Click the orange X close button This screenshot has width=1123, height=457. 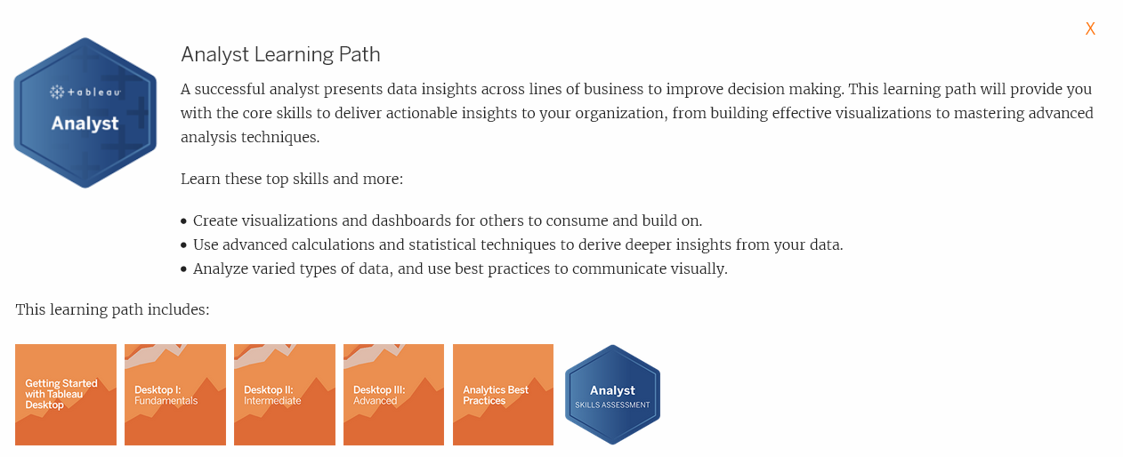tap(1090, 29)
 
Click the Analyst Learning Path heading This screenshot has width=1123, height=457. tap(280, 55)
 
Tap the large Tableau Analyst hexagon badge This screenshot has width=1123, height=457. tap(85, 113)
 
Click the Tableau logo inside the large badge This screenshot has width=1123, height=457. tap(85, 92)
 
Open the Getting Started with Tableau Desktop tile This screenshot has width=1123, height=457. tap(66, 395)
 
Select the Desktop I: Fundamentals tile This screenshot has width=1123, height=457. tap(175, 395)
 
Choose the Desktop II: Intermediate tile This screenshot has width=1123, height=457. tap(285, 395)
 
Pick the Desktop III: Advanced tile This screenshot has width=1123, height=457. tap(393, 395)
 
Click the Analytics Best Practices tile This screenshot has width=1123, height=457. tap(503, 395)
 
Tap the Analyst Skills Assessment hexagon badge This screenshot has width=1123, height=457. tap(612, 395)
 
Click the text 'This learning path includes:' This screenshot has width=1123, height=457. tap(112, 310)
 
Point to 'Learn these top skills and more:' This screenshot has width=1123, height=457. tap(292, 180)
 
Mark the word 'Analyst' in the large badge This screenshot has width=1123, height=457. tap(85, 124)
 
